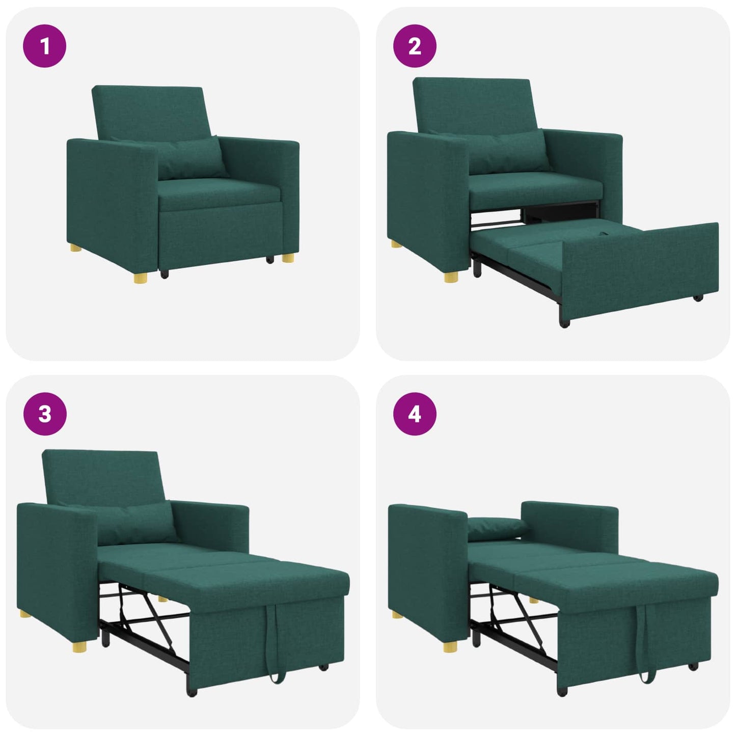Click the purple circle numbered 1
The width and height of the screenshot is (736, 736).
44,46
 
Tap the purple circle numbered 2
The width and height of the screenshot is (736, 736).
415,46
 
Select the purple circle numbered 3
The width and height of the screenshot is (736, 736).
45,414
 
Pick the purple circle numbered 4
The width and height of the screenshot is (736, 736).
415,414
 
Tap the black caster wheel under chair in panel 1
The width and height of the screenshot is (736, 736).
165,274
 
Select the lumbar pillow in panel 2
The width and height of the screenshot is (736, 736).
509,151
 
